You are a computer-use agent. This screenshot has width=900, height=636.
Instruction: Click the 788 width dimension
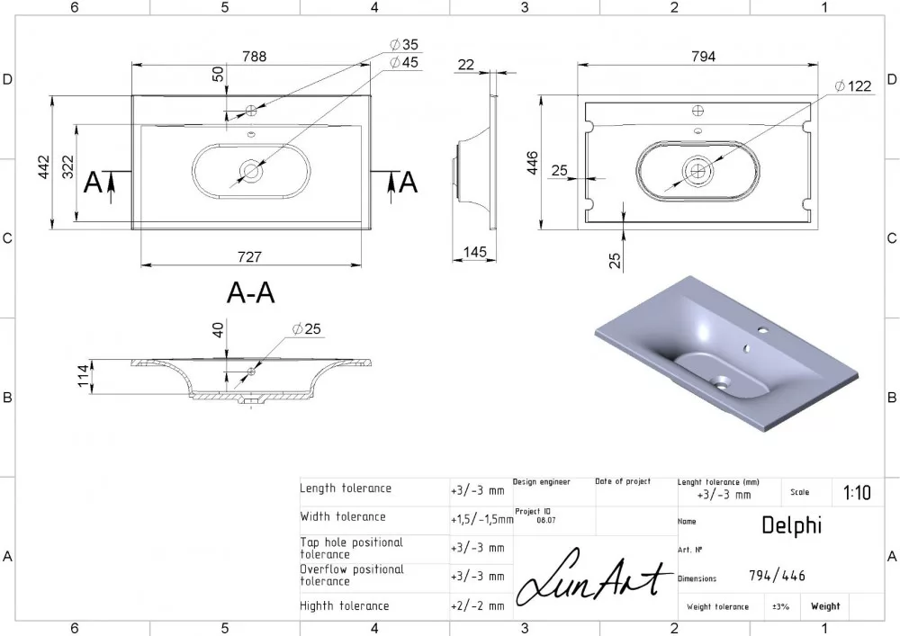pos(255,56)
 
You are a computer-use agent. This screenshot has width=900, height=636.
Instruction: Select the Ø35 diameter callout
pos(404,44)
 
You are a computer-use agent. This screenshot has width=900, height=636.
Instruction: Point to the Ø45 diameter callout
pos(404,62)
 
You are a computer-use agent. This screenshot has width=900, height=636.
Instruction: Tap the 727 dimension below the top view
pos(249,257)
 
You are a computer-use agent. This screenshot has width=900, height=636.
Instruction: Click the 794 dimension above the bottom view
pos(704,56)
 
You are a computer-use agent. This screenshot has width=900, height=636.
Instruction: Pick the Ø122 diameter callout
pos(853,86)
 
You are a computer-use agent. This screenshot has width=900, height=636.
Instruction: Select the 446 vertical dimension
pos(532,163)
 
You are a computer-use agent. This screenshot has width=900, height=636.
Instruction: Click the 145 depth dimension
pos(474,252)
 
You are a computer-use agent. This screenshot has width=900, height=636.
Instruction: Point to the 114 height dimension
pos(84,376)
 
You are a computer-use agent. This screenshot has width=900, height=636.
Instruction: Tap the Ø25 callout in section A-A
pos(307,329)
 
